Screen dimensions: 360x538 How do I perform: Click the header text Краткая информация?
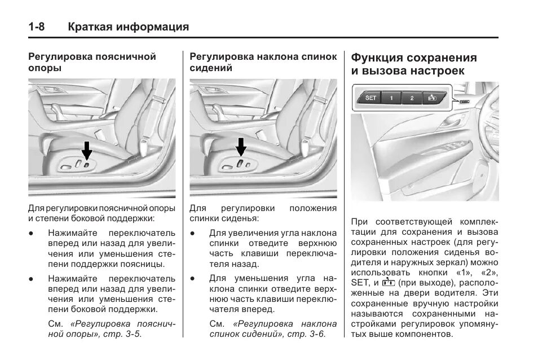click(x=128, y=27)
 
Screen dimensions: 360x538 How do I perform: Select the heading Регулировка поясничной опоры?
click(x=92, y=62)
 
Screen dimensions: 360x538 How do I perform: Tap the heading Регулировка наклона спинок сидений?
click(x=263, y=62)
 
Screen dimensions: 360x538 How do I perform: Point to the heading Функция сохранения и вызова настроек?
click(x=413, y=64)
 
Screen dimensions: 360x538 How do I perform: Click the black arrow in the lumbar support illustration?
click(x=86, y=151)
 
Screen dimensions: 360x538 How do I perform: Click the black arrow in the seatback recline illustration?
click(x=241, y=147)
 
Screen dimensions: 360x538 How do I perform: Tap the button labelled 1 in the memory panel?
click(x=391, y=98)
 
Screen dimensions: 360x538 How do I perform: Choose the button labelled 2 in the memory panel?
click(x=412, y=98)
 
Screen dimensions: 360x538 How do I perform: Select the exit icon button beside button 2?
click(x=433, y=98)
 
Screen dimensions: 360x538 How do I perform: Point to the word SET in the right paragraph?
click(x=359, y=283)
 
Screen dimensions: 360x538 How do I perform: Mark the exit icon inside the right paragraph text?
click(x=387, y=282)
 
